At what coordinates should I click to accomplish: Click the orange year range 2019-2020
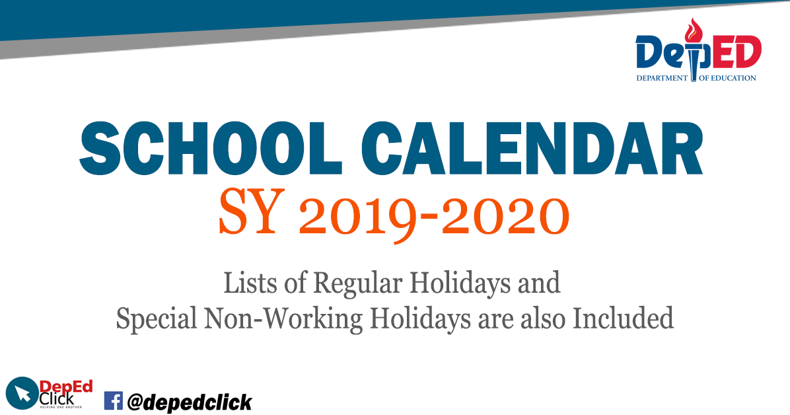433,215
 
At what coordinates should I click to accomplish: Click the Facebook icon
114,401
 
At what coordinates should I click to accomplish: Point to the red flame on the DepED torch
694,30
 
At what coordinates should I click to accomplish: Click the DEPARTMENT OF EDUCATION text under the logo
696,78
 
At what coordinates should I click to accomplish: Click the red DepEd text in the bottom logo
65,387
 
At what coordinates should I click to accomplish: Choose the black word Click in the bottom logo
57,398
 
